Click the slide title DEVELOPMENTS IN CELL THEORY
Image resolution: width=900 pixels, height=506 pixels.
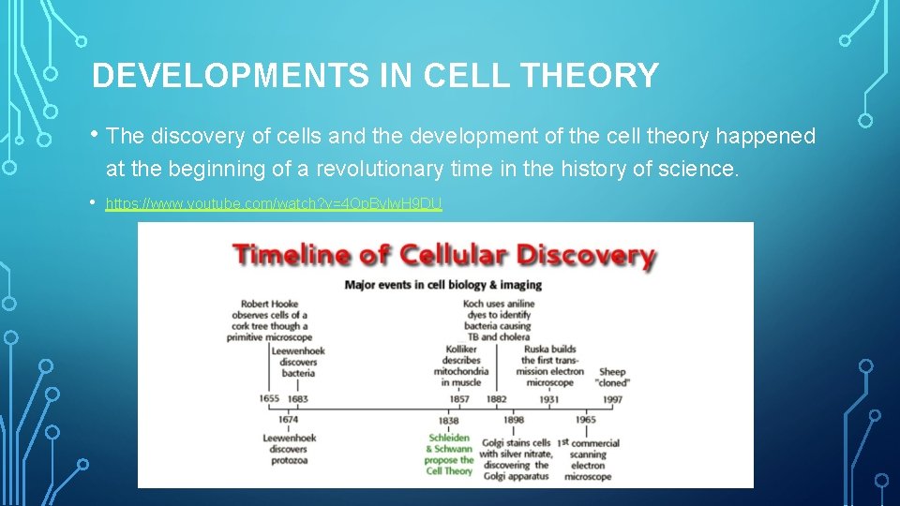(x=375, y=76)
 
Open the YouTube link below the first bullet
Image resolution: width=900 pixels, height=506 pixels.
(x=274, y=203)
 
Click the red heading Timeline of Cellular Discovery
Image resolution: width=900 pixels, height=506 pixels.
(x=443, y=255)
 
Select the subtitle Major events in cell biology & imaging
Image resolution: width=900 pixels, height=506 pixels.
(x=443, y=284)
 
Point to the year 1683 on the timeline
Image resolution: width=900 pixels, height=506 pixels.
(x=298, y=399)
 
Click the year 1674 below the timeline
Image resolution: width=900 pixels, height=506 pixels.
(x=288, y=420)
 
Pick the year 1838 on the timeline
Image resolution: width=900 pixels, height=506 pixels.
(x=448, y=421)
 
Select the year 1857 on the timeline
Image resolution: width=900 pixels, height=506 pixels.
(x=459, y=399)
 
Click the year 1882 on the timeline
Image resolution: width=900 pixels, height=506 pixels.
(x=496, y=399)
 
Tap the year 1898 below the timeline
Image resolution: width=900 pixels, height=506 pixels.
(x=514, y=421)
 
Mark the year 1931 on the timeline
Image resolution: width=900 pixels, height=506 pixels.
(x=549, y=399)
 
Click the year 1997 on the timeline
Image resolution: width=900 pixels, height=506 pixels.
(x=612, y=399)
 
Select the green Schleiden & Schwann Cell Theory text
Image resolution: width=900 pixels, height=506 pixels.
(x=450, y=454)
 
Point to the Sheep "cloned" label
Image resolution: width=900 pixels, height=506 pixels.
(x=612, y=377)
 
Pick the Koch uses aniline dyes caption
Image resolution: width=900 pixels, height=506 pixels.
(x=497, y=320)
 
